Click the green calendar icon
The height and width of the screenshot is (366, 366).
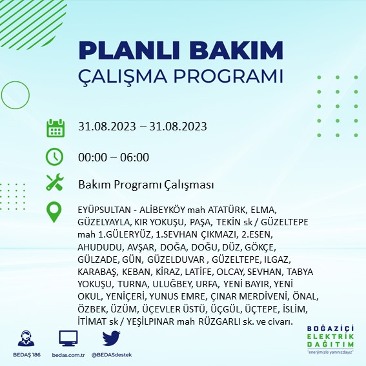point(56,128)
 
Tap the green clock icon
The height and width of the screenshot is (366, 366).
point(54,157)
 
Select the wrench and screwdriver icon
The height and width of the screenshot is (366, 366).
point(55,182)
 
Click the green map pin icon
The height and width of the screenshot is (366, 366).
point(54,212)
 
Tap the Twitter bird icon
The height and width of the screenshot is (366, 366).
point(111,338)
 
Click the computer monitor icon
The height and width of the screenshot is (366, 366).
point(68,338)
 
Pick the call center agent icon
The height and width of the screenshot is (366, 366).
point(26,338)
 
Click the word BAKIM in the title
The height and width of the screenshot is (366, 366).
point(236,50)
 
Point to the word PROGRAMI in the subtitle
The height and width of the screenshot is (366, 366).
point(229,76)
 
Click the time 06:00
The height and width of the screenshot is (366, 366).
point(134,157)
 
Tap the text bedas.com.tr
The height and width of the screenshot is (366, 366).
point(68,355)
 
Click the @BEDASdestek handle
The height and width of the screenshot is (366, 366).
point(112,355)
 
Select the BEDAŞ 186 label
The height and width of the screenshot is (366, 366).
point(26,355)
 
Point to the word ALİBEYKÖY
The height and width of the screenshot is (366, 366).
point(162,210)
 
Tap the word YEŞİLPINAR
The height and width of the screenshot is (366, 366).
point(150,321)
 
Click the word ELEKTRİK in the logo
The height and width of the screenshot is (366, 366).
point(330,336)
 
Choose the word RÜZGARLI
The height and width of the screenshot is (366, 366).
point(219,321)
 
